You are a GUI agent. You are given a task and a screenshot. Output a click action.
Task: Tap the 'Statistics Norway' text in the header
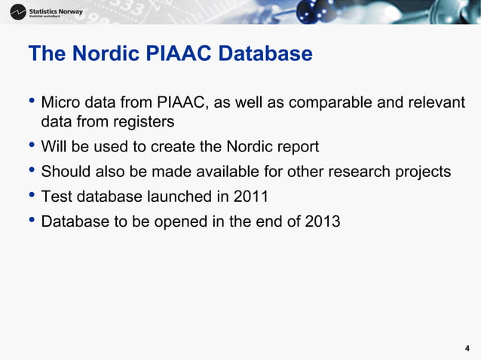pos(57,11)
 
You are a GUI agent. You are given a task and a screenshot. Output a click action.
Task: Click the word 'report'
pos(295,147)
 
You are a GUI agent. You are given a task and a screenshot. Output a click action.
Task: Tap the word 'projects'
pos(423,172)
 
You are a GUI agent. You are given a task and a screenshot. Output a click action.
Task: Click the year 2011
pos(251,197)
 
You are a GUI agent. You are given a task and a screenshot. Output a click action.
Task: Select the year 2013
pos(323,222)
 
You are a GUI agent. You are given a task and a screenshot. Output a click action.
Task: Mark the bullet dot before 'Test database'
pos(32,197)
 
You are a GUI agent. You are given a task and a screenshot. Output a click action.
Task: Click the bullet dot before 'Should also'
pos(32,171)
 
